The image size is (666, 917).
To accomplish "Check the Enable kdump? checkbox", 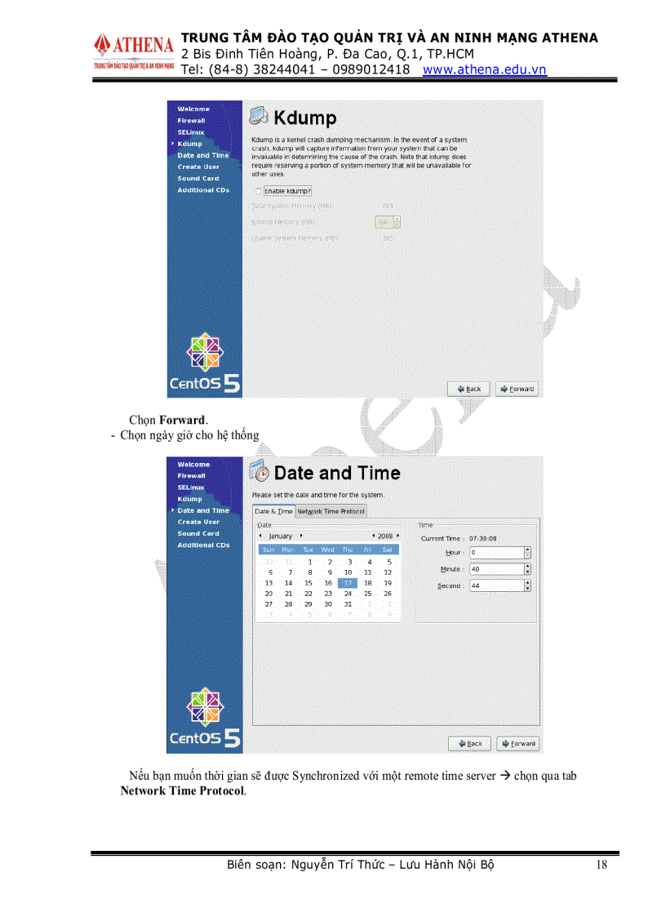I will coord(258,191).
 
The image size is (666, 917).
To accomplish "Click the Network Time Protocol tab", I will coord(331,511).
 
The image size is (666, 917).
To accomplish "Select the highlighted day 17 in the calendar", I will coord(348,583).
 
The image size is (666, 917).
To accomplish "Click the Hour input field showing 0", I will coord(496,553).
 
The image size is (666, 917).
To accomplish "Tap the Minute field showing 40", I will coord(496,569).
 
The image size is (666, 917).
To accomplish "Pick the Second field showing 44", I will coord(496,585).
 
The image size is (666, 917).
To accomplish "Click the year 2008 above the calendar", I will coord(384,536).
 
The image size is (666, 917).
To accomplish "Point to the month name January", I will coord(280,536).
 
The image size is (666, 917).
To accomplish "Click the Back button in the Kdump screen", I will coord(469,389).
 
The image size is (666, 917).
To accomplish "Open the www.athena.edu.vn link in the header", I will coord(484,69).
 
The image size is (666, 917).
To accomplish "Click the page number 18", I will coord(602,865).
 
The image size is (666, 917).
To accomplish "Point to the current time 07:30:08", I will coord(482,539).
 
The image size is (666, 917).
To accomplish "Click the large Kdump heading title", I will coord(304,118).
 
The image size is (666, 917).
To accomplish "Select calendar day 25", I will coord(367,594).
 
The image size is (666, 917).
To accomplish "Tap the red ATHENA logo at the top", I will coord(134,43).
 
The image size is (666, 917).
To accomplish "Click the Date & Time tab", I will coord(273,511).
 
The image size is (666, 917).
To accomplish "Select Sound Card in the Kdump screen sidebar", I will coord(198,178).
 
